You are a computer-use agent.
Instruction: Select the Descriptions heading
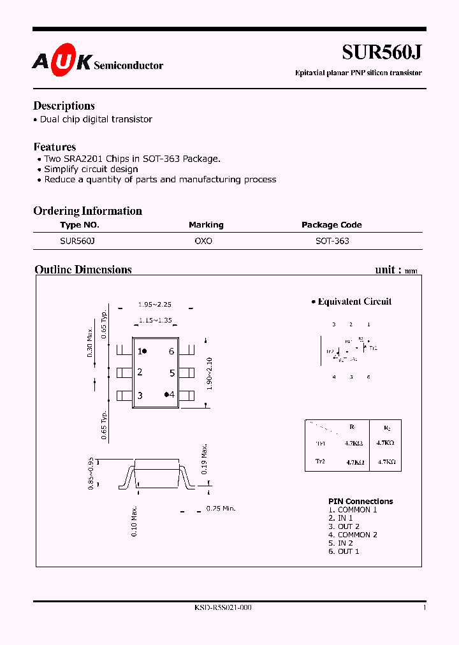(x=64, y=106)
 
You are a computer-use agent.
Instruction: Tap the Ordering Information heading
(x=87, y=211)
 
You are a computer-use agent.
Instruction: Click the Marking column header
(x=206, y=225)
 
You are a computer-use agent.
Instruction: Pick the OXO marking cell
(x=203, y=242)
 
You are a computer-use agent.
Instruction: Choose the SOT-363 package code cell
(x=332, y=242)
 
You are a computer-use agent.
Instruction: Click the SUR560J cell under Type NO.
(x=77, y=242)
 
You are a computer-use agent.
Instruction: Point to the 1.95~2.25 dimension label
(x=155, y=305)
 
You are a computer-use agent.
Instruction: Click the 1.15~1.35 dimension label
(x=156, y=321)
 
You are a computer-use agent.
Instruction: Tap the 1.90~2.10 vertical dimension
(x=210, y=373)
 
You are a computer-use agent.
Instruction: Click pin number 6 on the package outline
(x=171, y=351)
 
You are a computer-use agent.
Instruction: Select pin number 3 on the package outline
(x=140, y=396)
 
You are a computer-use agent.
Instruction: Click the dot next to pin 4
(x=166, y=395)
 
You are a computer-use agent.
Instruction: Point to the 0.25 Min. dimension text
(x=221, y=509)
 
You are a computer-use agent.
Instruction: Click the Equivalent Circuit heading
(x=354, y=301)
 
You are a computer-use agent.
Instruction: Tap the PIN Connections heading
(x=361, y=502)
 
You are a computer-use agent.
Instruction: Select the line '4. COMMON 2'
(x=353, y=535)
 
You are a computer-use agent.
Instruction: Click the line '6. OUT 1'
(x=344, y=551)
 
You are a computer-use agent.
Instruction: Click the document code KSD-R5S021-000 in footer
(x=223, y=608)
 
